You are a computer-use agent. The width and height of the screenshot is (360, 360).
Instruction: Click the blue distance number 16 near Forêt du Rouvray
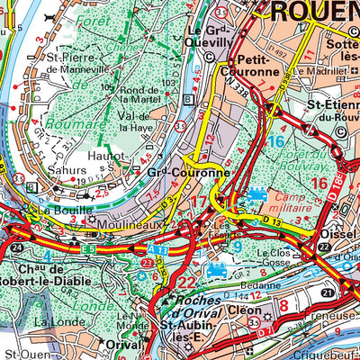[x=275, y=141]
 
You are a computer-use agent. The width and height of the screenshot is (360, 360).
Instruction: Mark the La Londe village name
[x=50, y=320]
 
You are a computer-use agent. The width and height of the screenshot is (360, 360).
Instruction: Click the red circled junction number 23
[x=146, y=263]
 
